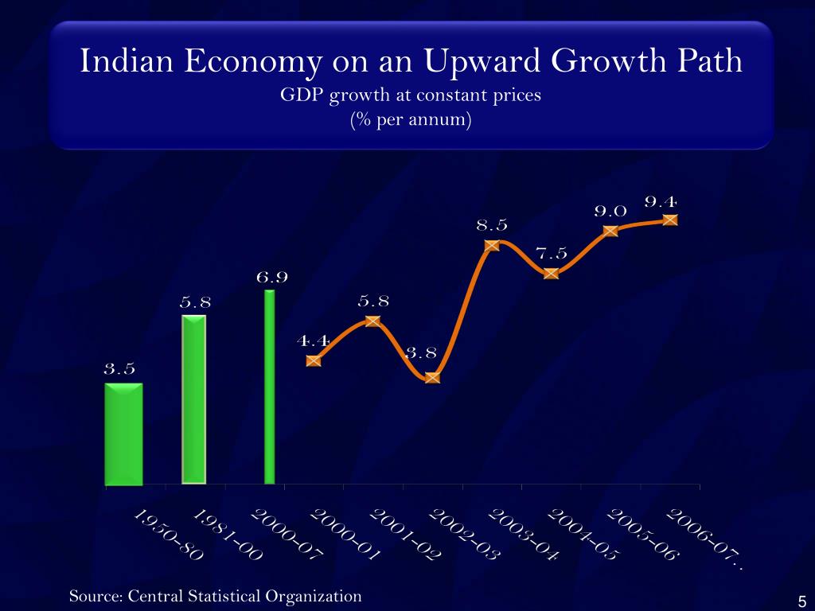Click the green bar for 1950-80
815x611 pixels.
click(x=123, y=434)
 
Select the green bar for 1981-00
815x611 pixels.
click(x=193, y=399)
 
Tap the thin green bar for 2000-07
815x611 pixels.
click(x=270, y=387)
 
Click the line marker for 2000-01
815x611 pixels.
click(x=314, y=360)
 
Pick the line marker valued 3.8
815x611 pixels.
click(x=432, y=377)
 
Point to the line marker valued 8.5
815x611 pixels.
click(x=492, y=245)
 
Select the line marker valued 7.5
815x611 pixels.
click(x=552, y=273)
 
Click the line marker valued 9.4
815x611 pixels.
click(x=670, y=220)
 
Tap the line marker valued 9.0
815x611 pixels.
click(x=610, y=231)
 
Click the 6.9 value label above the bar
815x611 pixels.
click(x=271, y=278)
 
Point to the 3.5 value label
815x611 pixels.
click(x=119, y=369)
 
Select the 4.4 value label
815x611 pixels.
click(x=313, y=341)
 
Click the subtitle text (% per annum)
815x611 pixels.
click(x=411, y=121)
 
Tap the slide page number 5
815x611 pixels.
click(x=801, y=601)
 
